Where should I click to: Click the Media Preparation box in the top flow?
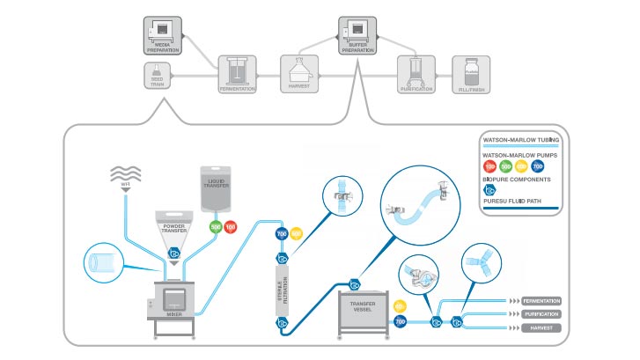pos(163,35)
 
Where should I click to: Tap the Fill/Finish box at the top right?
pos(470,74)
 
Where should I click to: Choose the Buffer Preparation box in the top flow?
pos(358,35)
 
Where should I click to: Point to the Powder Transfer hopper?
pos(174,229)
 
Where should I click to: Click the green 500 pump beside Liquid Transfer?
pos(215,227)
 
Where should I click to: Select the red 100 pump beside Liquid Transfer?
pos(230,227)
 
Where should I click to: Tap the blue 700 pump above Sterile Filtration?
pos(282,234)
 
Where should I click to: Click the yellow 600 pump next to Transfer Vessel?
pos(400,306)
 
